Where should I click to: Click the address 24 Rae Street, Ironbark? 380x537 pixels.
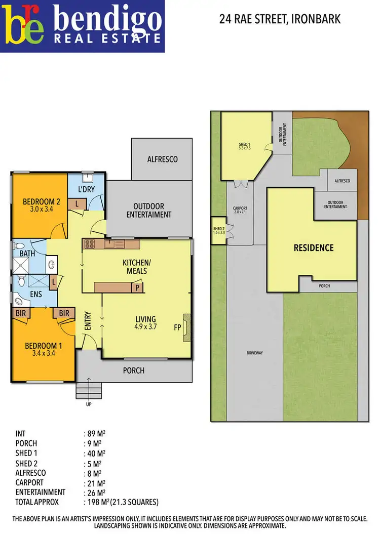point(280,20)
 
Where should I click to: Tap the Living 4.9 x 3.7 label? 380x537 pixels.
point(145,323)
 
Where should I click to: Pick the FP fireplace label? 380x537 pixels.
point(177,327)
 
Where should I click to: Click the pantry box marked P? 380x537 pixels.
point(136,287)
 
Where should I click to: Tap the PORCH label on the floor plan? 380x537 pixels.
point(134,370)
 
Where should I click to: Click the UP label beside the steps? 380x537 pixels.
point(89,404)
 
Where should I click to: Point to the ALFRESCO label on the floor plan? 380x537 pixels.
point(162,159)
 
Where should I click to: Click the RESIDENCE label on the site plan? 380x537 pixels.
point(314,247)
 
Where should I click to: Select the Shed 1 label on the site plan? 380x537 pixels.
point(245,146)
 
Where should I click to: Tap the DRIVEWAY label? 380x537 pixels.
point(254,353)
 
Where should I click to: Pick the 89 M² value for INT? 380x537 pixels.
point(94,434)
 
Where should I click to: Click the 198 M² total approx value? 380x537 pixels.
point(94,502)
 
